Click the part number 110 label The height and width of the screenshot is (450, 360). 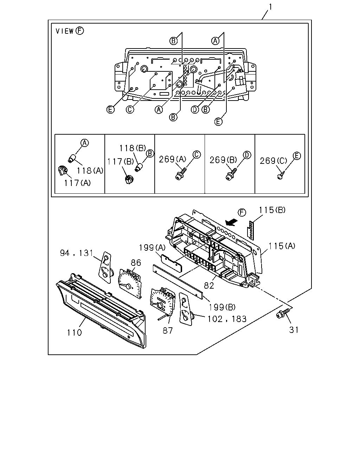pyautogui.click(x=74, y=333)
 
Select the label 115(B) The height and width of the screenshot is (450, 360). pyautogui.click(x=272, y=210)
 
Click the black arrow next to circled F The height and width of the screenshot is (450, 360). pyautogui.click(x=232, y=222)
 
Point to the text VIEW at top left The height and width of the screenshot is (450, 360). pyautogui.click(x=65, y=31)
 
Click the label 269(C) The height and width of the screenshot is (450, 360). pyautogui.click(x=274, y=161)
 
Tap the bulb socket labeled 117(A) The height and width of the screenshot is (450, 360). pyautogui.click(x=63, y=171)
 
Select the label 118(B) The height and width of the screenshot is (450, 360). pyautogui.click(x=133, y=148)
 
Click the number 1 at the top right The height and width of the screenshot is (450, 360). pyautogui.click(x=270, y=7)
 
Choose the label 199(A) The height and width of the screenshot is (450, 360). pyautogui.click(x=152, y=247)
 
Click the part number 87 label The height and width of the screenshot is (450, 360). pyautogui.click(x=168, y=330)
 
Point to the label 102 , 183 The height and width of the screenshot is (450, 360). pyautogui.click(x=227, y=319)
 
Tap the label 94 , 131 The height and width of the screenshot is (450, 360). pyautogui.click(x=76, y=253)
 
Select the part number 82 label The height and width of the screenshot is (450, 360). pyautogui.click(x=209, y=285)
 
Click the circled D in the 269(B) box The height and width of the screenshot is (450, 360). pyautogui.click(x=247, y=155)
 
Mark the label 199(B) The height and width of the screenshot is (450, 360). pyautogui.click(x=222, y=307)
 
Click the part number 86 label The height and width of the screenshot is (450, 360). pyautogui.click(x=136, y=263)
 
